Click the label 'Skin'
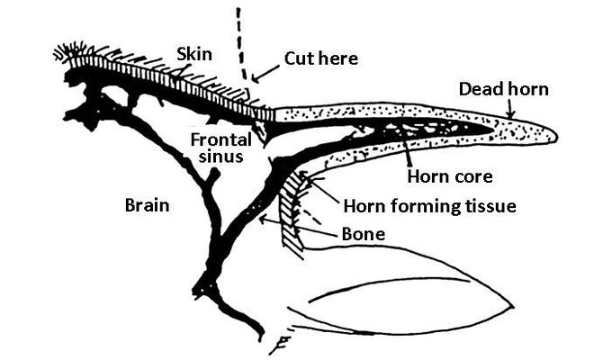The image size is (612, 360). pos(194,54)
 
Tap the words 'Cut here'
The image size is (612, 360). pos(320,58)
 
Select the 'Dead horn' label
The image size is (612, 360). pos(503,89)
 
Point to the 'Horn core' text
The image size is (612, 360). pos(450,176)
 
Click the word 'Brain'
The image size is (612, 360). pos(147,205)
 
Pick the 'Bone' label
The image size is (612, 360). pos(364,234)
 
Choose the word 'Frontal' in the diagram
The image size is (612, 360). pos(220,140)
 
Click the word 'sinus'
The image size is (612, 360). pos(220,157)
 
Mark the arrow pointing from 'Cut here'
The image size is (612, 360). pos(265,74)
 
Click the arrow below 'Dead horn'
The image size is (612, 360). pos(510,108)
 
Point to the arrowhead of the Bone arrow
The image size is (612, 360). pos(263,219)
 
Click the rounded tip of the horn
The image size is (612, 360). pos(555,136)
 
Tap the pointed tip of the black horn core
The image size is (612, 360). pos(492,129)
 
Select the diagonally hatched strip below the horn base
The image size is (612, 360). pos(292,212)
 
